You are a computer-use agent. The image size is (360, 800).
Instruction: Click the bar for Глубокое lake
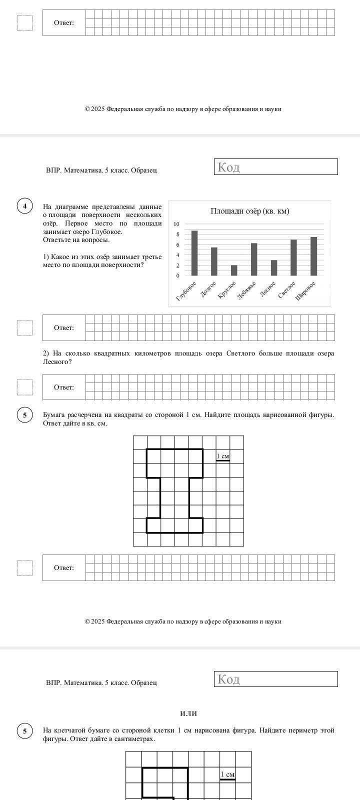click(194, 253)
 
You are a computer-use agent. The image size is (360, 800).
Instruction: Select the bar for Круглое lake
click(234, 270)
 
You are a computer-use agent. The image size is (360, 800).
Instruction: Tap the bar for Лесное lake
click(274, 268)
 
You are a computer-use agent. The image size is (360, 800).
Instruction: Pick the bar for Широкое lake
click(313, 256)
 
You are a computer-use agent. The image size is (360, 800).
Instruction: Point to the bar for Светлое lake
click(294, 257)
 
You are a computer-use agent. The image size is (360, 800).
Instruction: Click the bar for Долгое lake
click(214, 261)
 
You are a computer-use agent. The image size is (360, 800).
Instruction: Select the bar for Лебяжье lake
click(254, 259)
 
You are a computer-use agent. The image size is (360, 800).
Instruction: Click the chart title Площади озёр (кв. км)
click(250, 211)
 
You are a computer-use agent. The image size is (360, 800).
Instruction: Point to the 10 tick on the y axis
click(176, 224)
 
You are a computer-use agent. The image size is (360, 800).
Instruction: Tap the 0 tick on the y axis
click(177, 275)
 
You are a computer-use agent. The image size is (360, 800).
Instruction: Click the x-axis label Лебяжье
click(247, 290)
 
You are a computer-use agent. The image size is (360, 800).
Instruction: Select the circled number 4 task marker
click(24, 206)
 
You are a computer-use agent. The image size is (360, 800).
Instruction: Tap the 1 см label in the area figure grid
click(223, 456)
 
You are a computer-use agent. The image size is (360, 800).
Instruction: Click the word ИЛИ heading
click(188, 713)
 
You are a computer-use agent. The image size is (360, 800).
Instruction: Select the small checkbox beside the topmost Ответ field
click(24, 23)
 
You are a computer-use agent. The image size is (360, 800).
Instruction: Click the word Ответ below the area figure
click(64, 567)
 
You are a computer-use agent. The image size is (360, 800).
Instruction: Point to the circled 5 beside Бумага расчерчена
click(24, 415)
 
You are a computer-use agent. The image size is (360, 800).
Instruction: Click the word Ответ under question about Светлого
click(64, 387)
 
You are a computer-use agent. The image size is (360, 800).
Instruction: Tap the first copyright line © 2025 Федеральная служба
click(183, 109)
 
